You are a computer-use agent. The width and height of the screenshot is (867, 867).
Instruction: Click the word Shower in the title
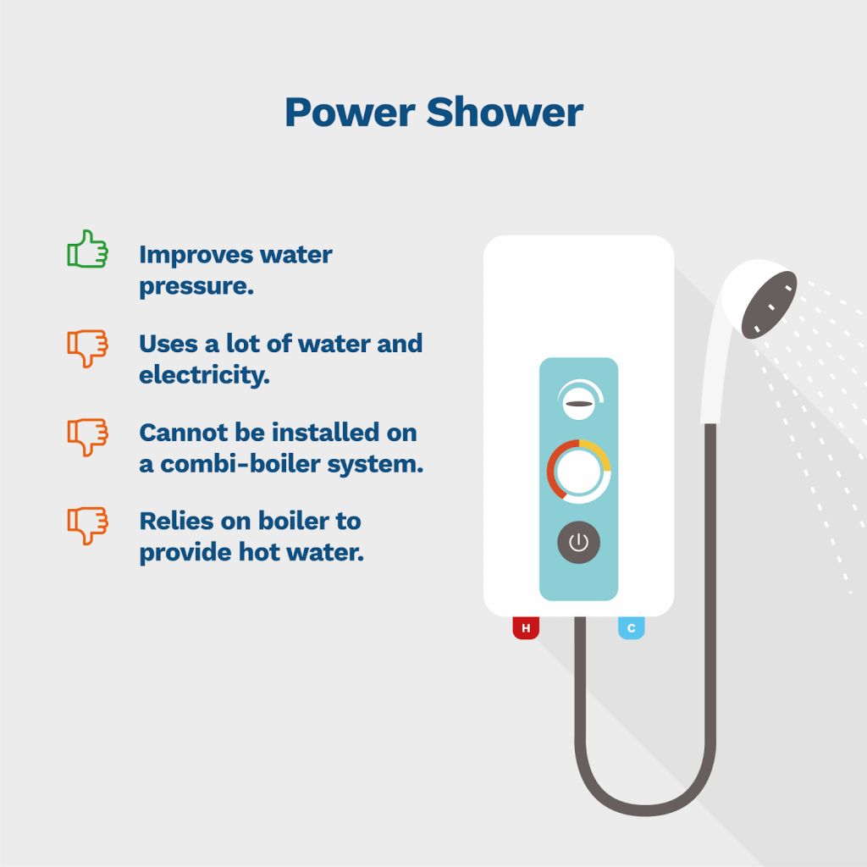(x=505, y=112)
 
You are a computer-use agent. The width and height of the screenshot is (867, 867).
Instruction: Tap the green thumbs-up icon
(x=87, y=250)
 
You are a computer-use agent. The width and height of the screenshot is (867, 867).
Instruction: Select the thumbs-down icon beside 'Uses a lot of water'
(x=87, y=348)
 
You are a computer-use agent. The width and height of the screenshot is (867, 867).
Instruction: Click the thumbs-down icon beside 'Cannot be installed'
(x=87, y=437)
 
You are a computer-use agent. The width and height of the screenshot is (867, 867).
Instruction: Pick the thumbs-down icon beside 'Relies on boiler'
(x=87, y=526)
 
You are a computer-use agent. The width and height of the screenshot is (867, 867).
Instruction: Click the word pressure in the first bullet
(x=196, y=286)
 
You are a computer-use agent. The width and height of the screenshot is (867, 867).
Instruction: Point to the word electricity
(x=204, y=374)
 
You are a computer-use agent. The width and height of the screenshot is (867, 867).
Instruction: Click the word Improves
(x=196, y=254)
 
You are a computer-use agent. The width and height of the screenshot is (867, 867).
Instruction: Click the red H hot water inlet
(x=526, y=628)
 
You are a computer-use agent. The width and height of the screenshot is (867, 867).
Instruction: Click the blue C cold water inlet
(x=631, y=628)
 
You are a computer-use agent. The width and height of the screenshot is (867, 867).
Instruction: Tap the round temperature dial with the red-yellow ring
(x=578, y=472)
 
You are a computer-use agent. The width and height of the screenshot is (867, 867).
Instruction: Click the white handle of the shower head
(x=716, y=373)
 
